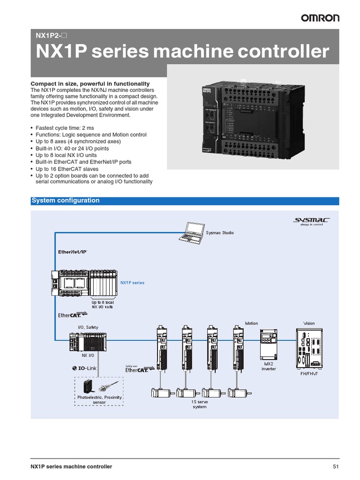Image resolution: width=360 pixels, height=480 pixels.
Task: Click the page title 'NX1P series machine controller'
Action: pos(183,52)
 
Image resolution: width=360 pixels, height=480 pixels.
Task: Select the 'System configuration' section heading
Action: pos(66,201)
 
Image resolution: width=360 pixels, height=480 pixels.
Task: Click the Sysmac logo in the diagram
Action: pos(311,220)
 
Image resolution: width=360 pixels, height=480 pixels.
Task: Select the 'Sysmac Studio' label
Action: pos(220,232)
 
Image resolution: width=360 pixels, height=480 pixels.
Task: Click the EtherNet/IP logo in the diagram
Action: pos(72,252)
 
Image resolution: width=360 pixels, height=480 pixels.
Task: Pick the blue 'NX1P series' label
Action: pos(132,283)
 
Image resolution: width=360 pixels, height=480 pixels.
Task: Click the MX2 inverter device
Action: pos(269,344)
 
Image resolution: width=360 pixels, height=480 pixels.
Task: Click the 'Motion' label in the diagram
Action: pos(252,323)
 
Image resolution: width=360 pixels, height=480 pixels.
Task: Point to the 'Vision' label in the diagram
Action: pos(309,323)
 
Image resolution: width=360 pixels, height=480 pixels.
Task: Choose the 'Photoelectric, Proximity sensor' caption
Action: pos(99,399)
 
